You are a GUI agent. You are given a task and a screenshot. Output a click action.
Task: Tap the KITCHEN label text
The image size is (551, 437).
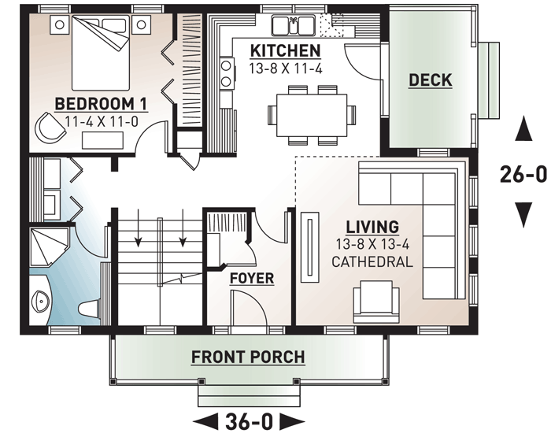pos(285,51)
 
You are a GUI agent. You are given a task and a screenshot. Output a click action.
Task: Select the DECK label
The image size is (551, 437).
pos(431,80)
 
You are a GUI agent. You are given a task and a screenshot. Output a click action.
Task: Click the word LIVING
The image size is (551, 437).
pos(372,228)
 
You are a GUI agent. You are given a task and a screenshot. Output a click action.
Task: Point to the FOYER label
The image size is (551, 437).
pos(251,278)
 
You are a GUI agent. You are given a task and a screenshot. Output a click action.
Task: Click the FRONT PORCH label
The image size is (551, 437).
pos(248,357)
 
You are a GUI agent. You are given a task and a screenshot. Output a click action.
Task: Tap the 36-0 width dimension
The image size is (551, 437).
pos(249,420)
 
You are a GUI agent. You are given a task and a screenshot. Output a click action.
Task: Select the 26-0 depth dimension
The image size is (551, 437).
pos(522,174)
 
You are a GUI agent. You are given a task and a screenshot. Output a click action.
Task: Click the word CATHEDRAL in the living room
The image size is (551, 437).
pos(372,261)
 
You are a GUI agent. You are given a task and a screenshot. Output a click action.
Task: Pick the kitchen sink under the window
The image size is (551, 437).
pos(294,26)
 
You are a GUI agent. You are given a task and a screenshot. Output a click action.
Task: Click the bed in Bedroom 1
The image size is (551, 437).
pos(98,55)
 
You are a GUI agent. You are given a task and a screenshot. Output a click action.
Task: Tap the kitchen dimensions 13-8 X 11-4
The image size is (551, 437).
pos(285,68)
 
